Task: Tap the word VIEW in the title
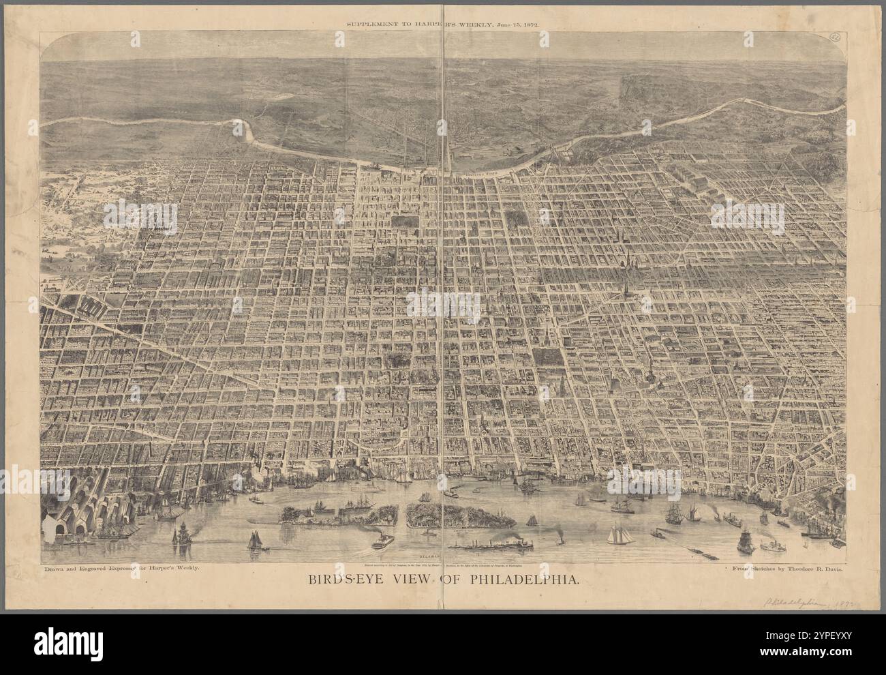coord(419,580)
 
